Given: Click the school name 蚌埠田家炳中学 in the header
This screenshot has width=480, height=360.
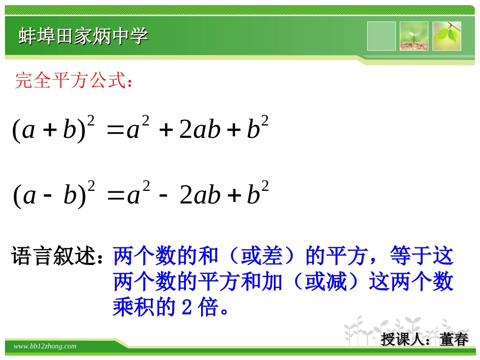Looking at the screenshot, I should [83, 36].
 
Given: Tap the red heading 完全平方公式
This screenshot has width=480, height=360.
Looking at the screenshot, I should [74, 80].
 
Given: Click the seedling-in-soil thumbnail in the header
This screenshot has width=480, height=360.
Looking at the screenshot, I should [414, 36].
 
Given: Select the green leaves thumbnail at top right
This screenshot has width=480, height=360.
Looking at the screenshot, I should [447, 36].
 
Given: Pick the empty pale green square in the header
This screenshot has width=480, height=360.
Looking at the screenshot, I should [381, 36].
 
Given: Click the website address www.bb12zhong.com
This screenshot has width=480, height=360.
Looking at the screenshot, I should [45, 346].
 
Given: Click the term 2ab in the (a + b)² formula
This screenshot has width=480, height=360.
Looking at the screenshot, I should [200, 130].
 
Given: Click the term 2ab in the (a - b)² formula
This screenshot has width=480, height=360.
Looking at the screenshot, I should [200, 195].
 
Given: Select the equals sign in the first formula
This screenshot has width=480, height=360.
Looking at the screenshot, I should [116, 130].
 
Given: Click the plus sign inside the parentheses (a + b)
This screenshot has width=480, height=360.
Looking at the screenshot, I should [50, 130].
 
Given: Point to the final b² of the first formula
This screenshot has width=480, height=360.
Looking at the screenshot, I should [257, 128].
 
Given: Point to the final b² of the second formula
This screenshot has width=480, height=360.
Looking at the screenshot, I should [257, 193].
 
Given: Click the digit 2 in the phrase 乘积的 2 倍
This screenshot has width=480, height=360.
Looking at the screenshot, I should [185, 307].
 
